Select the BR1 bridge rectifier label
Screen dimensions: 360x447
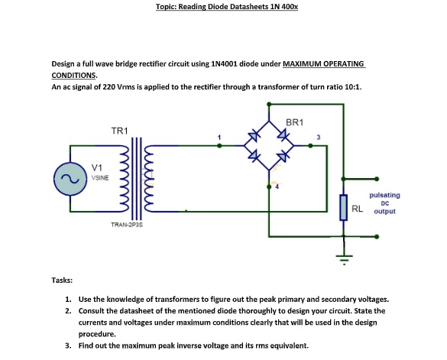[x=295, y=122]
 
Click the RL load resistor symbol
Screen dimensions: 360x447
[x=343, y=206]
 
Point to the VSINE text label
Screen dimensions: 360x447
[x=100, y=177]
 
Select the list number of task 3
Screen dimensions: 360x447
[x=68, y=345]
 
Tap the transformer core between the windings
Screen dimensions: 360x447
[x=138, y=177]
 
